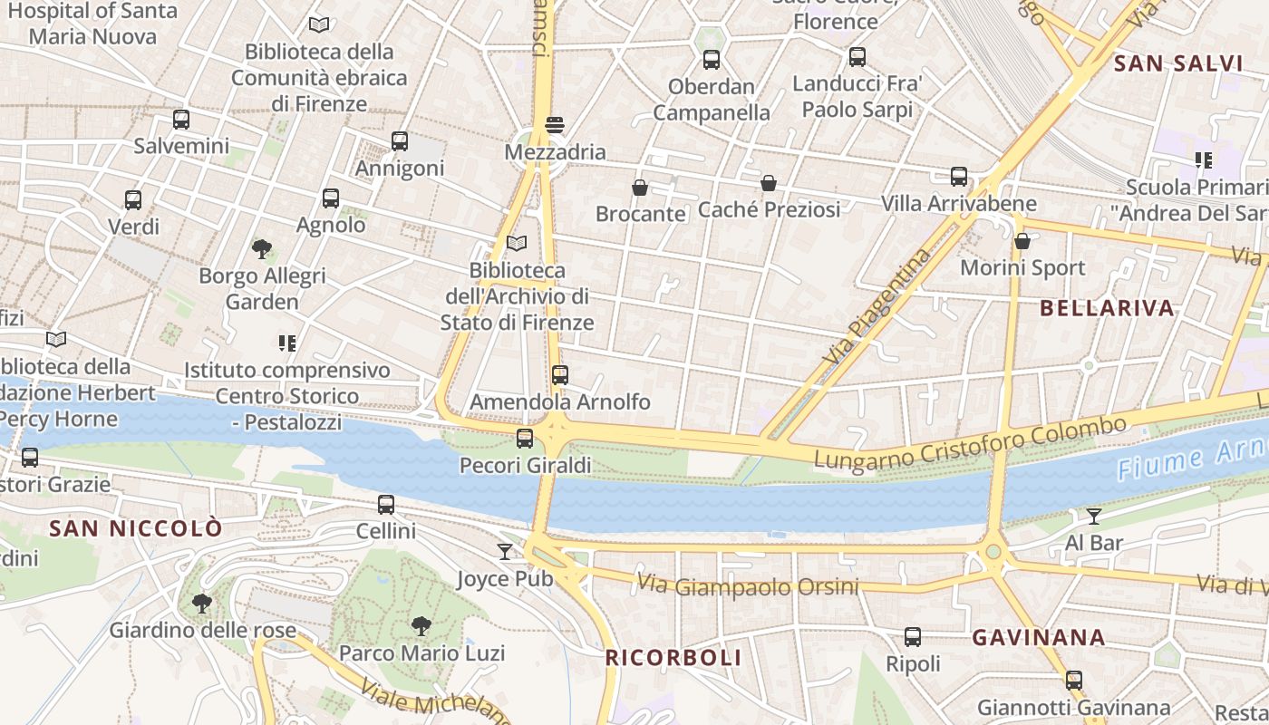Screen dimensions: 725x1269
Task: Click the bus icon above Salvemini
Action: click(x=181, y=119)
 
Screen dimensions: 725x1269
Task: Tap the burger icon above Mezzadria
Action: click(x=555, y=125)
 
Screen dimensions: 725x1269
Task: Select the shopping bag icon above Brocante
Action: click(x=640, y=188)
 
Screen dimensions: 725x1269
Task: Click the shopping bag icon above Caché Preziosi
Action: click(x=769, y=183)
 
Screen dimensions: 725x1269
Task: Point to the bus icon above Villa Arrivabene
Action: click(x=959, y=177)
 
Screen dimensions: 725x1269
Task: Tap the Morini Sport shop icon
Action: click(x=1022, y=241)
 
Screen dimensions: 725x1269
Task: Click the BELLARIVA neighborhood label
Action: click(x=1107, y=308)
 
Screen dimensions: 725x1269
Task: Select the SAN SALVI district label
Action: click(x=1177, y=63)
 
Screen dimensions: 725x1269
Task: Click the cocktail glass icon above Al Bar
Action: click(x=1094, y=517)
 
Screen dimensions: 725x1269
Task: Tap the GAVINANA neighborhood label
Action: click(x=1039, y=638)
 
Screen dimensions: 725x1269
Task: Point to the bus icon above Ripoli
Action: click(x=913, y=637)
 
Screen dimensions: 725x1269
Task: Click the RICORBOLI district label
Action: click(x=673, y=658)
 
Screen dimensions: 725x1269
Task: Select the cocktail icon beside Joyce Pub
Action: click(x=505, y=551)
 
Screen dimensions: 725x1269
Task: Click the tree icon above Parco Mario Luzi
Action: click(x=421, y=625)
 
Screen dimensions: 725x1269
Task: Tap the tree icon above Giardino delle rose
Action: click(x=202, y=603)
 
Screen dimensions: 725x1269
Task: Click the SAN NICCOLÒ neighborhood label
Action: click(x=136, y=528)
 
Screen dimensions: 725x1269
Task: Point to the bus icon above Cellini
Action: click(x=386, y=505)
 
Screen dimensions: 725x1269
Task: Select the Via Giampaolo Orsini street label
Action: click(x=747, y=585)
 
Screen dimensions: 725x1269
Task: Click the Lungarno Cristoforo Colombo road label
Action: click(x=969, y=443)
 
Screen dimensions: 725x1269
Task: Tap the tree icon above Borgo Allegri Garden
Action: click(x=262, y=248)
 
